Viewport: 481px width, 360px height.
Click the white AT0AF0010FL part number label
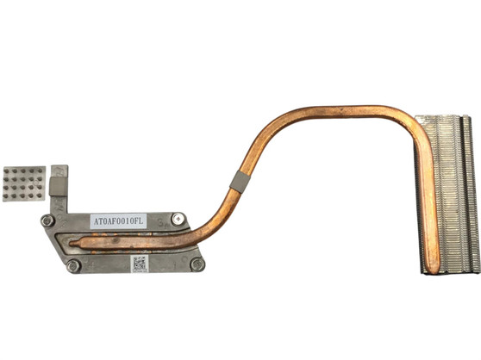[x=118, y=221]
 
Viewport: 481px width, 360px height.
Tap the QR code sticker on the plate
[x=141, y=263]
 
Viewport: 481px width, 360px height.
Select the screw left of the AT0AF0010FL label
[x=48, y=220]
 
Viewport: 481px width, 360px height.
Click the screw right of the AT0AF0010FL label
[x=178, y=220]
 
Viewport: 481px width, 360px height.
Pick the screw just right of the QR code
[x=197, y=264]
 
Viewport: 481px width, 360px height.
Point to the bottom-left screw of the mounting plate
[x=74, y=265]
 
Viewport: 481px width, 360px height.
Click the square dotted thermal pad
[x=23, y=183]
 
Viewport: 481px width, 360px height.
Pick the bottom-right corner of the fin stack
[x=477, y=270]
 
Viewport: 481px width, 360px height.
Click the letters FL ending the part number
[x=141, y=221]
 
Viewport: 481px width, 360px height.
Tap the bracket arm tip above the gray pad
[x=59, y=170]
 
